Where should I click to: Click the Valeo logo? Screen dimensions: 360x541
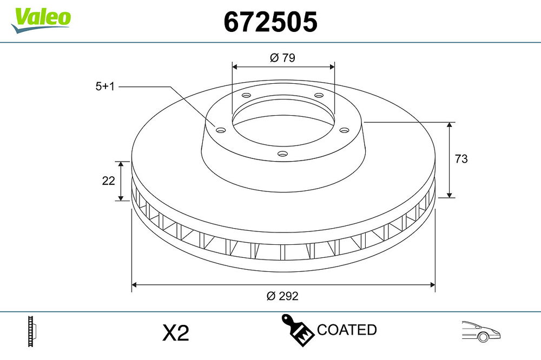[41, 18]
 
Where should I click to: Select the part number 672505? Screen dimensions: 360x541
[270, 22]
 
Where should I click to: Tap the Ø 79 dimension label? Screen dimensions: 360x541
[282, 57]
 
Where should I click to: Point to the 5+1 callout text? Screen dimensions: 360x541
[105, 86]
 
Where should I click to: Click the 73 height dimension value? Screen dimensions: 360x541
[461, 159]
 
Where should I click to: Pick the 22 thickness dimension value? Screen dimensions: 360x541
[108, 181]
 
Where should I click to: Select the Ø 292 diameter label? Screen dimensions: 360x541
[282, 296]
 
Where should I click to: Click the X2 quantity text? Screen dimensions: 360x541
[176, 333]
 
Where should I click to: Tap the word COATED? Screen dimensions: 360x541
[347, 330]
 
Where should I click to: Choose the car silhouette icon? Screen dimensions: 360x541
[481, 331]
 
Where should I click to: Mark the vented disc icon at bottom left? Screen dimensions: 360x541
[32, 331]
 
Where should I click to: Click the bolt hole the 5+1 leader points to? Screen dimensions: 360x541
[220, 130]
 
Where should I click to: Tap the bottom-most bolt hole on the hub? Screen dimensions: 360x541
[281, 154]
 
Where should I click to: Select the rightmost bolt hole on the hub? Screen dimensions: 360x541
[343, 130]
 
